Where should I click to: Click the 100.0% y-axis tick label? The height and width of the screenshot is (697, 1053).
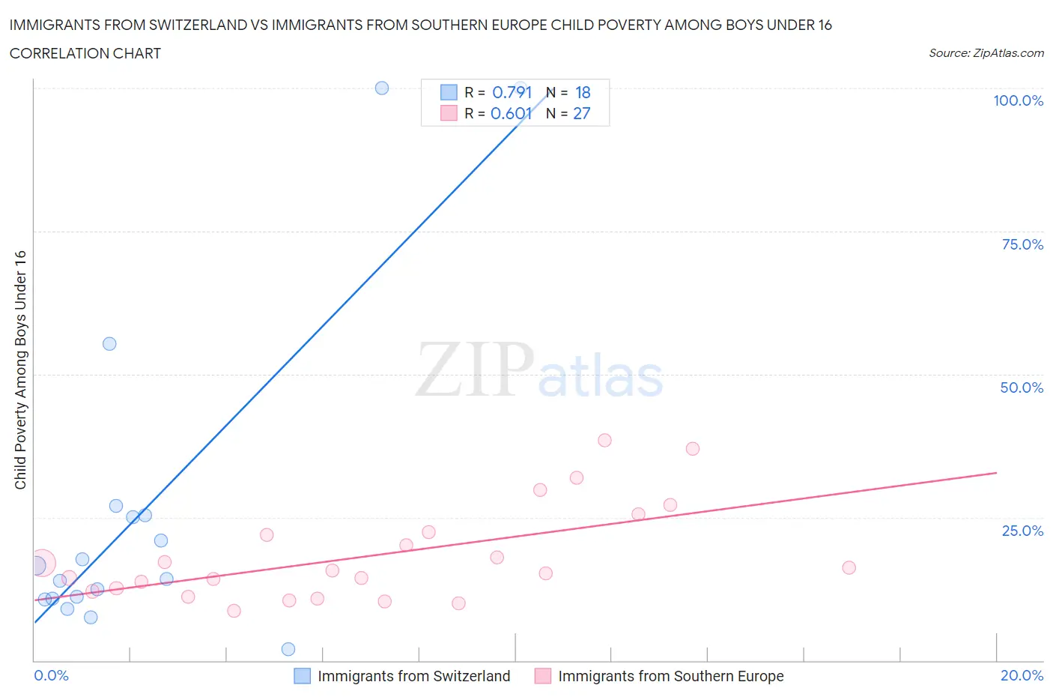1018,100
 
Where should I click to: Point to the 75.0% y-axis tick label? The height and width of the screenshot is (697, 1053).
1022,244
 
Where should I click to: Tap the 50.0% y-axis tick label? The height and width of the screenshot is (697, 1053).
1022,387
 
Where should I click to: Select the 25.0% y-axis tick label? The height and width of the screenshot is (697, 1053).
1022,531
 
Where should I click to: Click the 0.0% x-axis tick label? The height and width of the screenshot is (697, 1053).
51,675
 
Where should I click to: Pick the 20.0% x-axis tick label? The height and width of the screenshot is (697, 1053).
1022,675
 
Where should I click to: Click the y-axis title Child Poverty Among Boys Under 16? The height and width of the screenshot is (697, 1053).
20,369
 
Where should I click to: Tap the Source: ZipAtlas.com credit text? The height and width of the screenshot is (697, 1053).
986,53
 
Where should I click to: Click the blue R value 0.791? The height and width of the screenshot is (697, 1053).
512,92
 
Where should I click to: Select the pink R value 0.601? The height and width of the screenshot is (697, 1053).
511,113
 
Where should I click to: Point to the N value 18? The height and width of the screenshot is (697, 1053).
583,92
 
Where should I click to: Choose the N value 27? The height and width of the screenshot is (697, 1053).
582,113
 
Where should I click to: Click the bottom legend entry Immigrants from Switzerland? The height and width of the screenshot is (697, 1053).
413,676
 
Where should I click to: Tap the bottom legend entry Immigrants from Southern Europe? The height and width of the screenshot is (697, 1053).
670,676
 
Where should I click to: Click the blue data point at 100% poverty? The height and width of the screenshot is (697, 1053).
382,88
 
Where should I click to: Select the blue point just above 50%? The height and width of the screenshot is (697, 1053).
109,344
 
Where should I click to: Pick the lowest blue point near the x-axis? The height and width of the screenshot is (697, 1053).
288,649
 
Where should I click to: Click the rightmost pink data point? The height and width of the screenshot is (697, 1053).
849,567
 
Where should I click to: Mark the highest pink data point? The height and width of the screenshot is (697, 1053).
604,440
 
